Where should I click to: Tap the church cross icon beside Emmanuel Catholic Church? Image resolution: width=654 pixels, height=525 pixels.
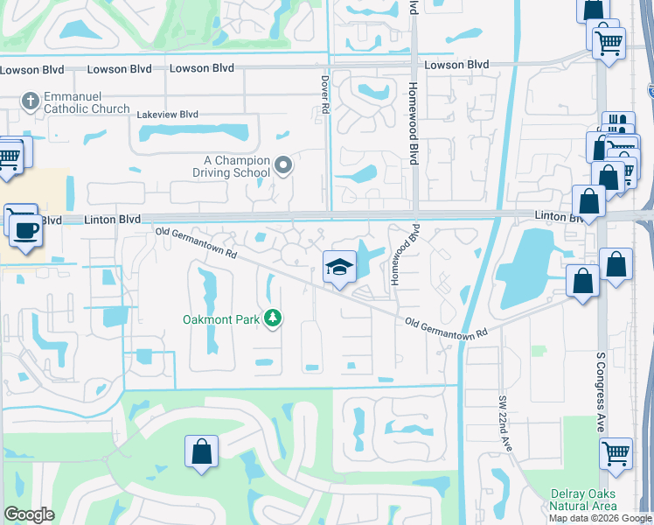coord(29,101)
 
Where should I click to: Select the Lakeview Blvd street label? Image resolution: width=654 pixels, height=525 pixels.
coord(168,114)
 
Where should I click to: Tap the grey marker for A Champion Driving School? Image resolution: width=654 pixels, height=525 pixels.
coord(282,164)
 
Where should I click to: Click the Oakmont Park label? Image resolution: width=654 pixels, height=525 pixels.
coord(220,319)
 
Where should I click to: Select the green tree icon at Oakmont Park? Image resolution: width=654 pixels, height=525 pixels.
coord(273,318)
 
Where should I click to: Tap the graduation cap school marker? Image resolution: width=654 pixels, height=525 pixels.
coord(339,268)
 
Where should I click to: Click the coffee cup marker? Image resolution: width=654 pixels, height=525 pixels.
coord(24,230)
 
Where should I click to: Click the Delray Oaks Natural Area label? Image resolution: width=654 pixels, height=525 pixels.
coord(583,500)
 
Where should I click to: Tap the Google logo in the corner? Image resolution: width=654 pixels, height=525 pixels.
coord(29,514)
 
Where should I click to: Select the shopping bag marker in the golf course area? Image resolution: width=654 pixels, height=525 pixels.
coord(201,452)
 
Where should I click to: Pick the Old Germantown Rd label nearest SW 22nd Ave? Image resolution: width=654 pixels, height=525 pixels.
coord(444,327)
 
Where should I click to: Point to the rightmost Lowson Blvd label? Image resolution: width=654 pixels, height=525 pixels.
coord(456,65)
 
